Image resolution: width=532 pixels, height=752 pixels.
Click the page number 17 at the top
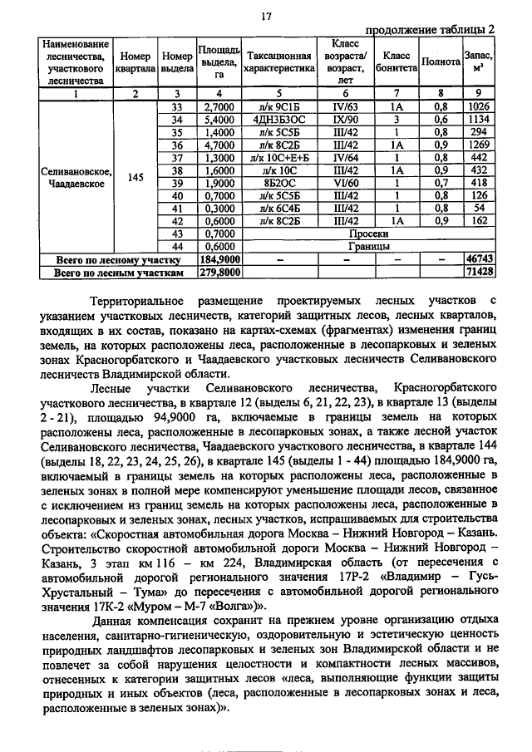267,16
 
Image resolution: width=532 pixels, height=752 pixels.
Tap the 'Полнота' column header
441,61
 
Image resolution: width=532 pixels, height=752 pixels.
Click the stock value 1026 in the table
480,107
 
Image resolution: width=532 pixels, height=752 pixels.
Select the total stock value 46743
480,259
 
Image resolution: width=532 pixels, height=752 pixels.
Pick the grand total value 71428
480,271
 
